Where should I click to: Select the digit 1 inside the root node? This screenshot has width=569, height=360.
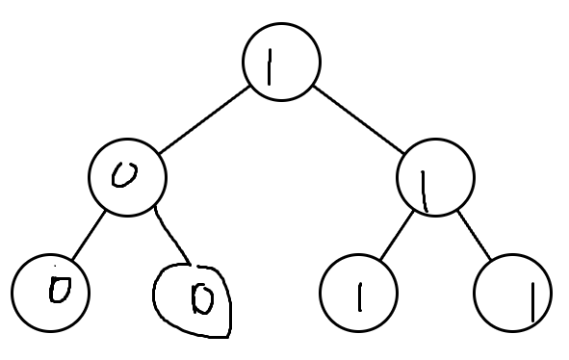click(270, 67)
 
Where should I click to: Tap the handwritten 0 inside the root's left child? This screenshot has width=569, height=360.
click(124, 175)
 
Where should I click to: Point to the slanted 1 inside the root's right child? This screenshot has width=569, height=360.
click(424, 192)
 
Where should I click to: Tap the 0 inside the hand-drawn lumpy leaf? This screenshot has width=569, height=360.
click(202, 298)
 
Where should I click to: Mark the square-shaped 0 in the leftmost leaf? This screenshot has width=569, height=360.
click(60, 290)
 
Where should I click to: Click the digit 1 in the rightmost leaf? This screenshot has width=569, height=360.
click(532, 302)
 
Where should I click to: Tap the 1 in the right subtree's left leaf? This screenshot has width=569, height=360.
click(360, 297)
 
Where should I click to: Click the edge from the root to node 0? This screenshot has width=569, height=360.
click(204, 119)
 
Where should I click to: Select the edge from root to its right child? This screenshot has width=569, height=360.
click(358, 119)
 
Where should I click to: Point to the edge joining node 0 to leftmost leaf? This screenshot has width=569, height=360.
click(89, 235)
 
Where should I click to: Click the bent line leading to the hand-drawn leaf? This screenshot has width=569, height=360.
click(170, 235)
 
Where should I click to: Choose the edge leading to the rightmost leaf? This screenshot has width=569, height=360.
click(475, 235)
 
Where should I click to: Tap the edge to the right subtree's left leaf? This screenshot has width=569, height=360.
click(397, 235)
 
